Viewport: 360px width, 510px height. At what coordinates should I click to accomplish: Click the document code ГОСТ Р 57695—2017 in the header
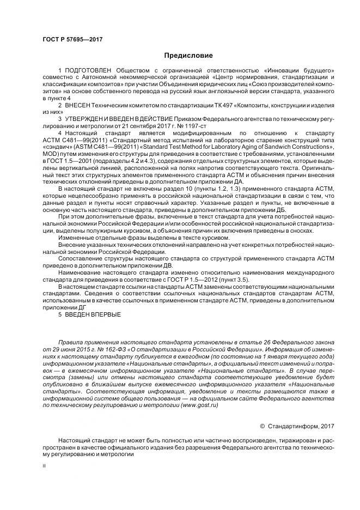pos(72,40)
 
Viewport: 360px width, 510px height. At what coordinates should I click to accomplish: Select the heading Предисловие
pos(188,56)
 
